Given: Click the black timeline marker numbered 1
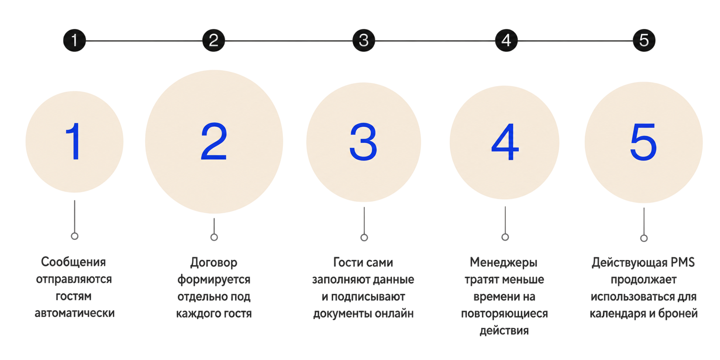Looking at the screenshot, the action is coord(75,40).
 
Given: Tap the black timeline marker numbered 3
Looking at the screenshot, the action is coord(364,40).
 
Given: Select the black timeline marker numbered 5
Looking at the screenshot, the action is coord(644,40).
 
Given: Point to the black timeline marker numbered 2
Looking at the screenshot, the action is coord(214,40).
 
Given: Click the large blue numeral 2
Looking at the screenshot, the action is coord(214,142).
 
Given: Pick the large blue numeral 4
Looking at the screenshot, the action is coord(505,142).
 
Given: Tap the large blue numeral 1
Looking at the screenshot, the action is coord(75,142).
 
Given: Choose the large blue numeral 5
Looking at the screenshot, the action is coord(643,142).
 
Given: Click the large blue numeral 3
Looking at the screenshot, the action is coord(363,142).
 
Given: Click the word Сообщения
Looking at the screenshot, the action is coord(73,262).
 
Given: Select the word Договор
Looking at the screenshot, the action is coord(214,263).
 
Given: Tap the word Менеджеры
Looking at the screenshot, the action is coord(504,263).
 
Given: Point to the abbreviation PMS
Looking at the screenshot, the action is coord(683,262).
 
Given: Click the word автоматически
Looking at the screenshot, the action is coord(75,313).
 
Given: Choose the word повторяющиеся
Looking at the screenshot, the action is coord(504,314).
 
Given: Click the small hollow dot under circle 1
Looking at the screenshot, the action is coord(75,236).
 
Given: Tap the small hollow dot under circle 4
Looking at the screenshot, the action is coord(505,237).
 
